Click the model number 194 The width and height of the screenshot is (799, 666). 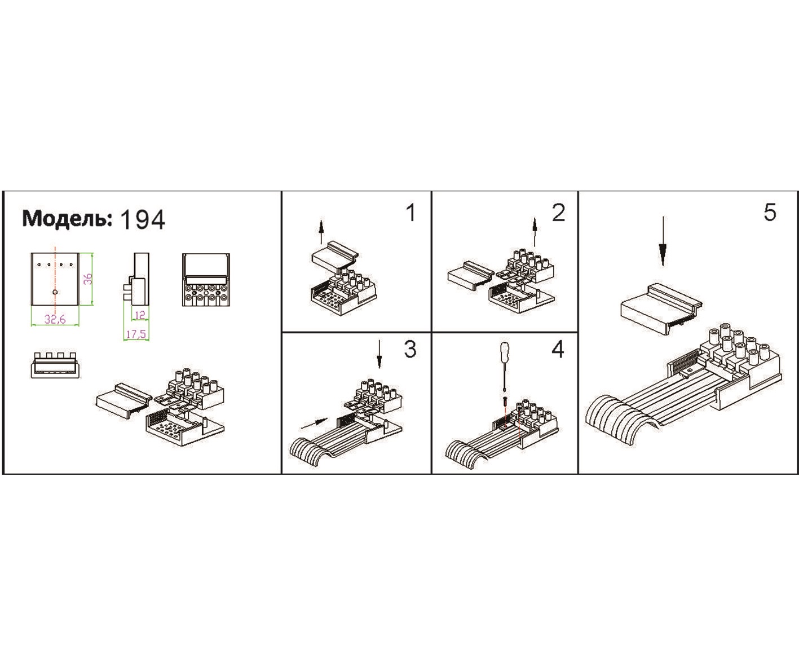coord(143,219)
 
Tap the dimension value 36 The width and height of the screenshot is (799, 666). coord(87,279)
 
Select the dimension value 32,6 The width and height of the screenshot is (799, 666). coord(55,319)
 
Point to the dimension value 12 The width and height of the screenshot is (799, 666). coord(140,315)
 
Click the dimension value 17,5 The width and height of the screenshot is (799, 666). coord(136,334)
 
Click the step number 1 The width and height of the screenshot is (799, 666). coord(412,213)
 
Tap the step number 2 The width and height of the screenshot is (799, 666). coord(558,213)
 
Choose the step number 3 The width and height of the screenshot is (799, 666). coord(410,349)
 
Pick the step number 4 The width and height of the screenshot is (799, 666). coord(558,349)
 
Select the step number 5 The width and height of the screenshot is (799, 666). coord(770,213)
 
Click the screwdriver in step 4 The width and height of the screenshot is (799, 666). coord(504,365)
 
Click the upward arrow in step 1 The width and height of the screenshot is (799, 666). coord(321,232)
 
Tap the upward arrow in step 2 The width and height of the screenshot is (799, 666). coord(535,232)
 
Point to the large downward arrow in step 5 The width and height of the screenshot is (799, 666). coord(663,241)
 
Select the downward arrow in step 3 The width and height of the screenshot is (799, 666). coord(379,354)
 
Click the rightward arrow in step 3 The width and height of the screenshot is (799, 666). coord(314,423)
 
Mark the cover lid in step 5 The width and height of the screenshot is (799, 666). coord(661,309)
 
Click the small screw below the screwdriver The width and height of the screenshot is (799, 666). coord(505,401)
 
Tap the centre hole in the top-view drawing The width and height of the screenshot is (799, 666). coord(55,292)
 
